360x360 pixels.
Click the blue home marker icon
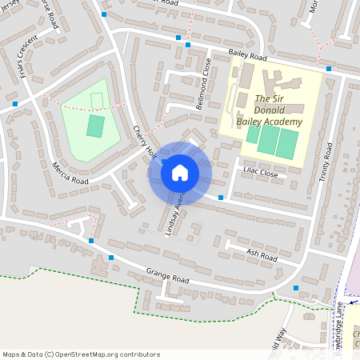click(x=180, y=171)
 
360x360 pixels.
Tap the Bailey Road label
click(x=247, y=55)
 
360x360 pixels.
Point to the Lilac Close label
click(x=262, y=173)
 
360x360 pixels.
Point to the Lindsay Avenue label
click(x=174, y=212)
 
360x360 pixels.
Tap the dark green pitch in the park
click(x=95, y=126)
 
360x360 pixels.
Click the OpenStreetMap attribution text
click(x=81, y=354)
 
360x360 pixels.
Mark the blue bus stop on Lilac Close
click(x=221, y=197)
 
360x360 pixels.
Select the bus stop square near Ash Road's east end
click(x=296, y=288)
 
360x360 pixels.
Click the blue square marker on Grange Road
click(x=111, y=258)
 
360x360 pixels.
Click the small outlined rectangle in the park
click(x=96, y=100)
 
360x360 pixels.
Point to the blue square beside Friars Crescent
click(x=15, y=104)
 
